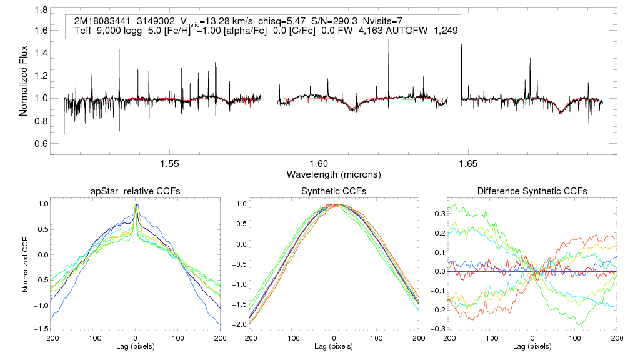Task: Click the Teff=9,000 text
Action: pyautogui.click(x=97, y=31)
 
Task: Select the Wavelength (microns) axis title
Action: pyautogui.click(x=334, y=173)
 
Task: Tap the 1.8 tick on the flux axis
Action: pyautogui.click(x=41, y=11)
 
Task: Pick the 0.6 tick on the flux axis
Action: pyautogui.click(x=41, y=143)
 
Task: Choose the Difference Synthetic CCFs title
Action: pyautogui.click(x=532, y=191)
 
